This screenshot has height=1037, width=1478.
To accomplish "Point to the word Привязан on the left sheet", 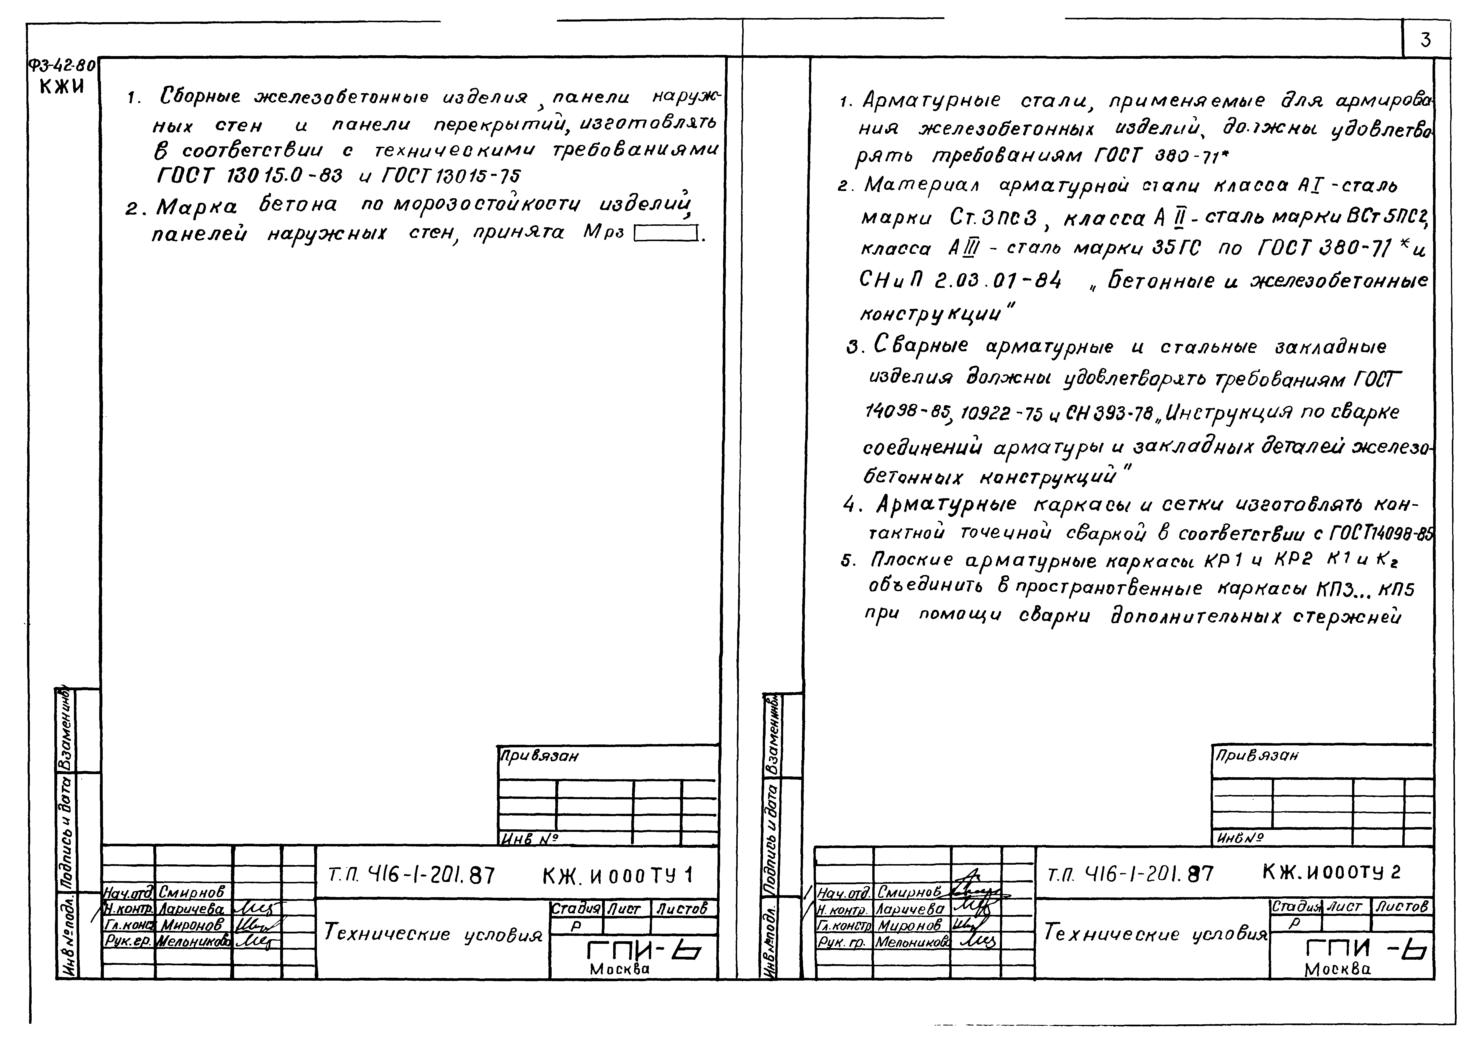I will [x=540, y=756].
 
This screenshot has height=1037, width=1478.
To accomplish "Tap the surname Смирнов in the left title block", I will [x=191, y=891].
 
